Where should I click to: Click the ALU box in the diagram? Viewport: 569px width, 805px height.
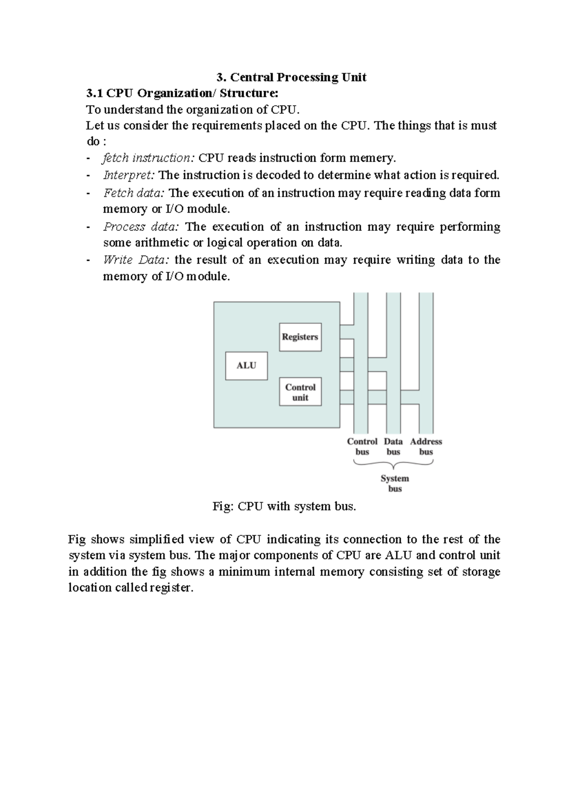pyautogui.click(x=246, y=366)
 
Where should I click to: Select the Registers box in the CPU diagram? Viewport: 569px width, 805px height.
pyautogui.click(x=300, y=337)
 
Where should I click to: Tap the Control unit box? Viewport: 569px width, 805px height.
pyautogui.click(x=300, y=392)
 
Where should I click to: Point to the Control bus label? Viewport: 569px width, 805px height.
pyautogui.click(x=362, y=447)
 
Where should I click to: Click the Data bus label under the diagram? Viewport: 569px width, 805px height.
pyautogui.click(x=393, y=447)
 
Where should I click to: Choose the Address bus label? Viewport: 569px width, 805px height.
pyautogui.click(x=426, y=447)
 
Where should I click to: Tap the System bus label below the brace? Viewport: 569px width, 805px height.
pyautogui.click(x=395, y=484)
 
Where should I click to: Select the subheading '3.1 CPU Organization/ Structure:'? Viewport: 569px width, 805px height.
pyautogui.click(x=179, y=93)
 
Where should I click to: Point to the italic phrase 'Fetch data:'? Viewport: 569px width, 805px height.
pyautogui.click(x=134, y=193)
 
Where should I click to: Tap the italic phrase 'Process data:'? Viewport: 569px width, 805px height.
pyautogui.click(x=141, y=227)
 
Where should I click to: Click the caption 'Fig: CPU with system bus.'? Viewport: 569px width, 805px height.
pyautogui.click(x=284, y=506)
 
